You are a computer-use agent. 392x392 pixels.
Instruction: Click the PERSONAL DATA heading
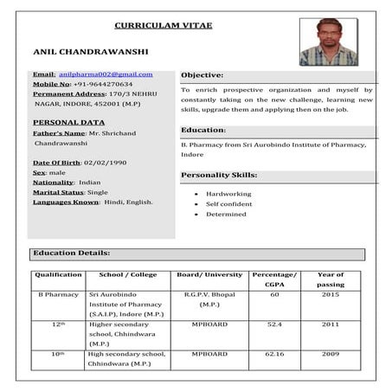(67, 123)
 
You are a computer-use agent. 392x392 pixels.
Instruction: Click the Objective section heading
(202, 75)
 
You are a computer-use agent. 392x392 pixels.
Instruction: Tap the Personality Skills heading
(218, 175)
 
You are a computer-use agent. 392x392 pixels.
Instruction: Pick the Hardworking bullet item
(228, 194)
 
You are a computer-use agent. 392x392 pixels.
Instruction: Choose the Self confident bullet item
(229, 204)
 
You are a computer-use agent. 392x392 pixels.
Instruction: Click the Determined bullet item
(226, 214)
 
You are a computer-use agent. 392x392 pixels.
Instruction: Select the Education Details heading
(71, 254)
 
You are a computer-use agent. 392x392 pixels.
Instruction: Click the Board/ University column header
(209, 275)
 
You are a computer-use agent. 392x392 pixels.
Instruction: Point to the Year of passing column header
(331, 280)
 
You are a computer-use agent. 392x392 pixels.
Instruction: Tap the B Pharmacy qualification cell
(58, 295)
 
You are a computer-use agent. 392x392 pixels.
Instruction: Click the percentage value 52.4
(275, 325)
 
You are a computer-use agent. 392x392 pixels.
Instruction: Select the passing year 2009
(331, 354)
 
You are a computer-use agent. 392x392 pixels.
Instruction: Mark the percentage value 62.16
(275, 354)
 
